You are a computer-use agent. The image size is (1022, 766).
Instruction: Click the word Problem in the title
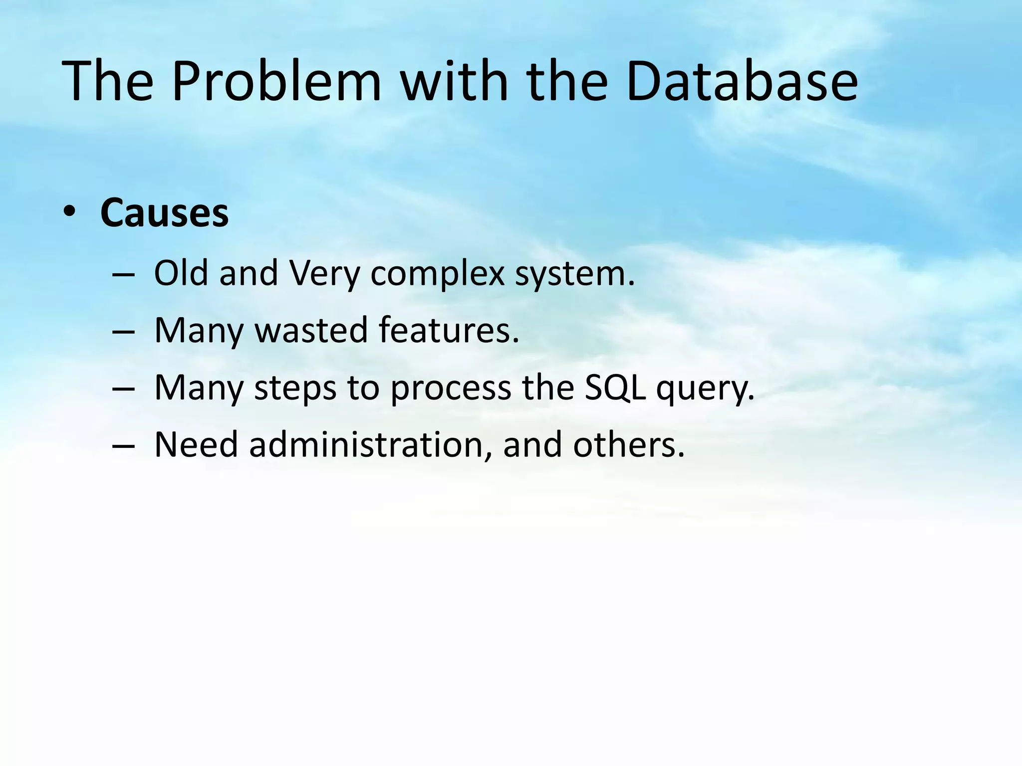click(276, 81)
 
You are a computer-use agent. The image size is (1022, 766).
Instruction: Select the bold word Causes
click(164, 213)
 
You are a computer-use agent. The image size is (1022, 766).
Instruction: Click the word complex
click(437, 274)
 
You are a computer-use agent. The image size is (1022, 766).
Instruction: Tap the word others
click(628, 444)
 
